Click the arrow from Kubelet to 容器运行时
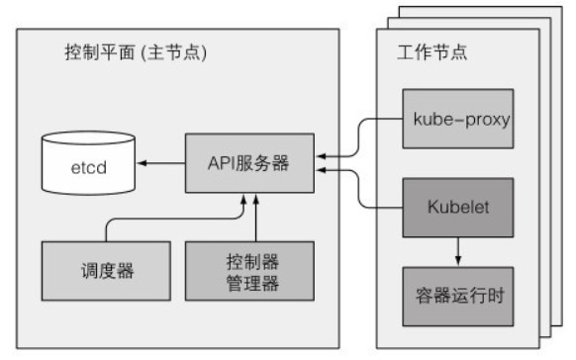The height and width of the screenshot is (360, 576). tap(456, 252)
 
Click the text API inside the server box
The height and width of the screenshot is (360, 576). tap(223, 163)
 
